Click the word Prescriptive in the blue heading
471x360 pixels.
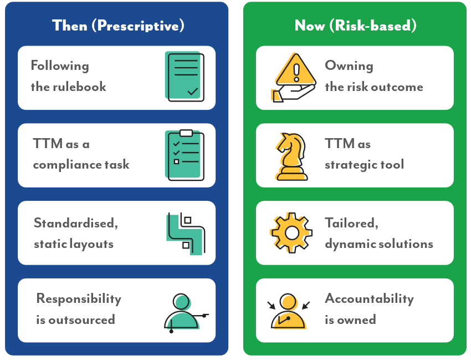[x=139, y=26]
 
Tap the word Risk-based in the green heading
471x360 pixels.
[x=373, y=26]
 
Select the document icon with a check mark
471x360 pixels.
[x=185, y=77]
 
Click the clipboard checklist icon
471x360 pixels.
[x=185, y=155]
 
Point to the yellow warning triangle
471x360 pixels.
[x=296, y=70]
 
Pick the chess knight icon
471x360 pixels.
[x=291, y=156]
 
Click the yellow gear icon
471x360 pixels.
[x=291, y=233]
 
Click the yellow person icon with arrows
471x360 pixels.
[x=288, y=311]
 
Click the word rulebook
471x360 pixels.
[x=80, y=87]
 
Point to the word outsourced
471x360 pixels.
[x=81, y=320]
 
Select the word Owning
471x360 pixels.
[x=349, y=66]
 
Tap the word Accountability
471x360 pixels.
[x=370, y=299]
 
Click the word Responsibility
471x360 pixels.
[x=79, y=299]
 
